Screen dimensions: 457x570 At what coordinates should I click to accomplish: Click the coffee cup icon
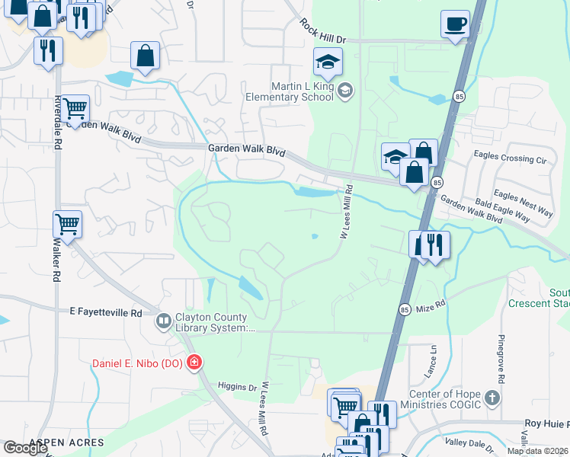(455, 24)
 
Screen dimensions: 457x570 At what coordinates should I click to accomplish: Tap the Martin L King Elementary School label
(289, 91)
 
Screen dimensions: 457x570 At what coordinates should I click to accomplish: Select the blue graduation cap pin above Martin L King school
(328, 62)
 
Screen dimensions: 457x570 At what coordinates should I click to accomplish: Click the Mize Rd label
(431, 305)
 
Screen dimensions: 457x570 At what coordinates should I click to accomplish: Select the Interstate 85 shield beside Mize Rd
(405, 309)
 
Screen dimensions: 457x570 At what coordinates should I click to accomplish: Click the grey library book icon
(163, 322)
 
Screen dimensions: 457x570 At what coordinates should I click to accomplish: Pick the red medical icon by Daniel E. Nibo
(194, 362)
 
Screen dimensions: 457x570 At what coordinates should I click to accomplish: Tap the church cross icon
(492, 398)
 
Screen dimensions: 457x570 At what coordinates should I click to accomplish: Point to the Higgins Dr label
(237, 387)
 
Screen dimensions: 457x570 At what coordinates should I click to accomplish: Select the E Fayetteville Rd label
(105, 312)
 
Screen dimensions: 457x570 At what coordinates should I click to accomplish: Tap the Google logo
(25, 448)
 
